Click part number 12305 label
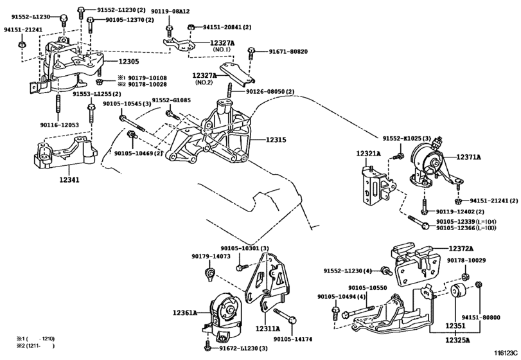click(129, 62)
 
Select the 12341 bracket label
click(69, 180)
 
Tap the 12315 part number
click(276, 140)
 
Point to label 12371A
click(468, 157)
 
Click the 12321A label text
click(369, 153)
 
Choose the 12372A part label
click(461, 249)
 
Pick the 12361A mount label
click(185, 312)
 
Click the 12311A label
click(268, 328)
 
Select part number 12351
click(455, 326)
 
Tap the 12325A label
click(457, 340)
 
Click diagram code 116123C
click(506, 353)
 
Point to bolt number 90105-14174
click(293, 339)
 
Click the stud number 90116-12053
click(60, 125)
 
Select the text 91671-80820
click(288, 51)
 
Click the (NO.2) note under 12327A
click(204, 82)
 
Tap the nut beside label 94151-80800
click(479, 285)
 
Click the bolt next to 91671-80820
click(251, 55)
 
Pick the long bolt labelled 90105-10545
click(132, 123)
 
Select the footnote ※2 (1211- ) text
click(35, 346)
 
